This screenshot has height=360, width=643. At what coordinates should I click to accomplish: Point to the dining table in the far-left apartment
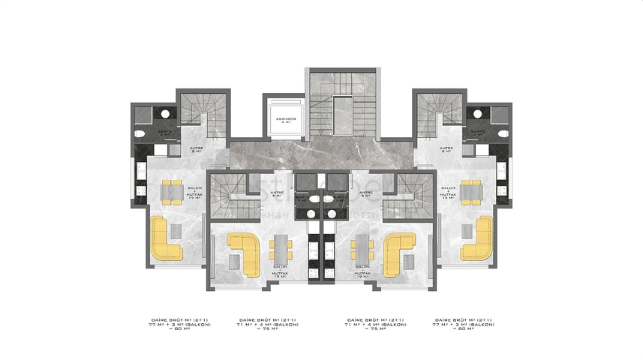coord(172,190)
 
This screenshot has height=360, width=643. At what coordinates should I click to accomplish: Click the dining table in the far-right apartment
coord(471,190)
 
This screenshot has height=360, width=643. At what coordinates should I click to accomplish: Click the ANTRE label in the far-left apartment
coord(197,148)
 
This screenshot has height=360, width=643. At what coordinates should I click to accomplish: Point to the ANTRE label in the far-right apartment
coord(446,148)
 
